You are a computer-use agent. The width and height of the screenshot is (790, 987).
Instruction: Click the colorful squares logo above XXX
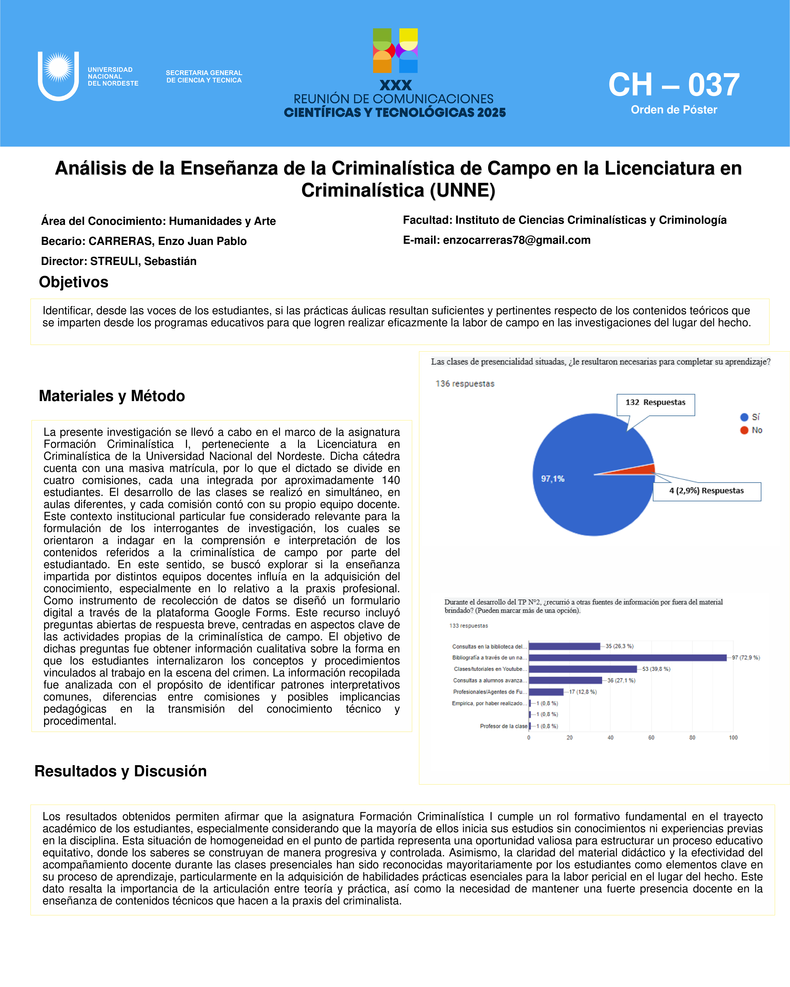click(x=395, y=50)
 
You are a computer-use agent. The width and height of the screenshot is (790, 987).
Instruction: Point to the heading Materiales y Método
click(x=112, y=396)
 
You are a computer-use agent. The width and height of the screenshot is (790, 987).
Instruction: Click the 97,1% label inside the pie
click(x=553, y=479)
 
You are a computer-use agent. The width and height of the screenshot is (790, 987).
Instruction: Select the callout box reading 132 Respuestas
click(x=655, y=403)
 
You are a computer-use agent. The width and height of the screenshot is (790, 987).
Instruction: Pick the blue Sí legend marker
click(x=744, y=417)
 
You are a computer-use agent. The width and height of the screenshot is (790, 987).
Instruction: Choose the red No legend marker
click(x=744, y=430)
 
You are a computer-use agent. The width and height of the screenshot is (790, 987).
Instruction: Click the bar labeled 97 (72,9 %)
click(x=627, y=658)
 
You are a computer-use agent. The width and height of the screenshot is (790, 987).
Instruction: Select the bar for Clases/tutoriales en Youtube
click(x=583, y=669)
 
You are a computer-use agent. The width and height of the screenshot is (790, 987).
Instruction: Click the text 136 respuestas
click(x=465, y=384)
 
